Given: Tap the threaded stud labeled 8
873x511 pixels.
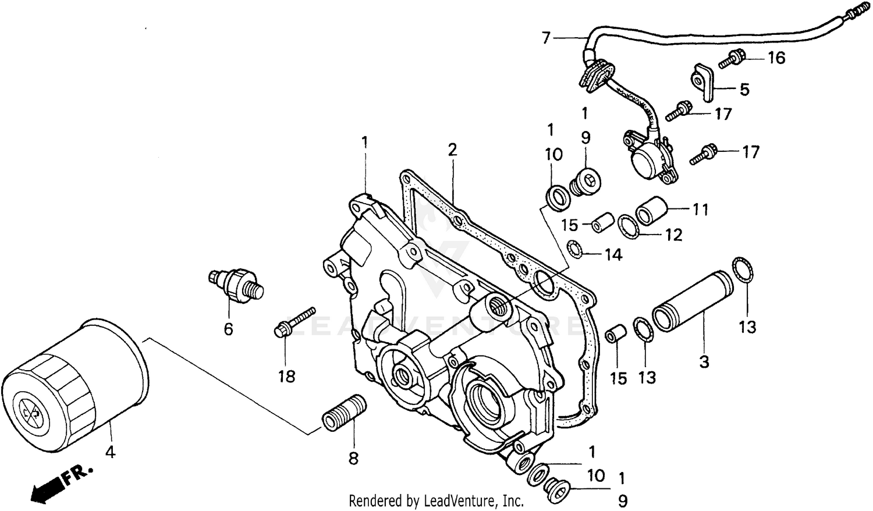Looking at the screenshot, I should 344,413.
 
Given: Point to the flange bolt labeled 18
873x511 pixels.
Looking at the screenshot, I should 294,323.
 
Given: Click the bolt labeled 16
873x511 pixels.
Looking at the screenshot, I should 732,59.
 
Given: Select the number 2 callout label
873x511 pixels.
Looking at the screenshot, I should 452,150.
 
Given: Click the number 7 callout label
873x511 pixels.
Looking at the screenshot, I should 545,38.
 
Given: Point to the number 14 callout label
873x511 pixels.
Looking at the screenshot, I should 613,255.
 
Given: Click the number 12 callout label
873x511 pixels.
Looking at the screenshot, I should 673,235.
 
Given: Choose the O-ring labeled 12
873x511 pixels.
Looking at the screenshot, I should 629,226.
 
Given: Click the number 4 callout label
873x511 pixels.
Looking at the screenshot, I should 109,451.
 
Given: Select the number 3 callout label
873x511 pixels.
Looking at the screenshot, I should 704,362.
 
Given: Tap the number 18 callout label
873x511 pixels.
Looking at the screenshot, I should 286,377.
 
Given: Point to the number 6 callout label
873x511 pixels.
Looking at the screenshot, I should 228,329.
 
